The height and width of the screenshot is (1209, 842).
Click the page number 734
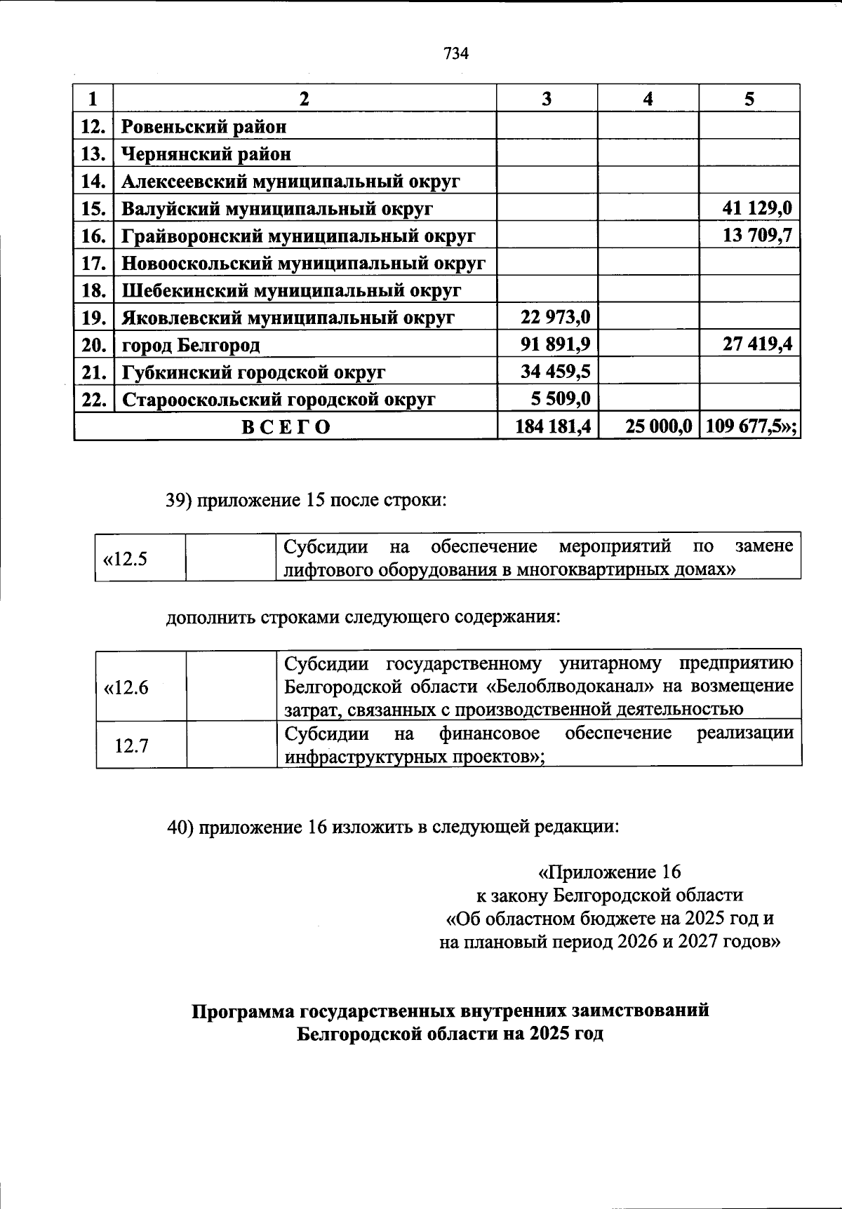tap(455, 54)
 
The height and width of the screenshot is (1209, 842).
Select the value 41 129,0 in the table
tap(757, 208)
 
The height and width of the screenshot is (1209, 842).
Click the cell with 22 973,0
tap(555, 318)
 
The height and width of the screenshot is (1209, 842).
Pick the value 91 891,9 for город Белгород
tap(555, 345)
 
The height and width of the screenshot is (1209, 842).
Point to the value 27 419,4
tap(757, 345)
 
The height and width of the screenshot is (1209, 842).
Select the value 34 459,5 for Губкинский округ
tap(555, 372)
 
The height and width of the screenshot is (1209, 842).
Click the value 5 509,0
tap(561, 399)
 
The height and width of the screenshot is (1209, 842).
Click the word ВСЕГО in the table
tap(286, 427)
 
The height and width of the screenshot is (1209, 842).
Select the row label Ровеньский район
tap(204, 127)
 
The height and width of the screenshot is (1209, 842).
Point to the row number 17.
tap(93, 264)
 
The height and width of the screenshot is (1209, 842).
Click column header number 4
tap(648, 99)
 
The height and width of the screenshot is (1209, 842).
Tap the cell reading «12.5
tap(125, 559)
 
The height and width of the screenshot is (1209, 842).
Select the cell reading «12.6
tap(126, 687)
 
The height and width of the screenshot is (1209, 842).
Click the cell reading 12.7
tap(132, 745)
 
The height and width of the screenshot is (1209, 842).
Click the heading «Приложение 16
tap(609, 872)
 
